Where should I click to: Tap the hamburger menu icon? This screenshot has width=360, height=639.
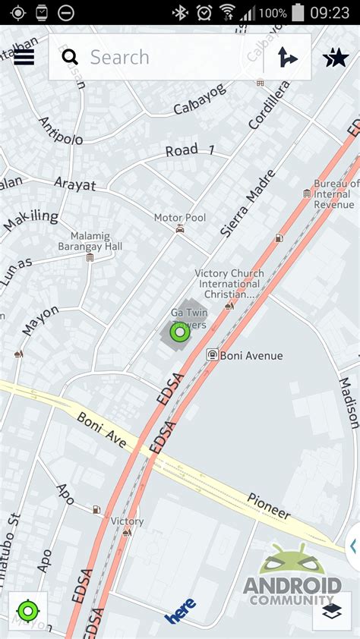pos(24,57)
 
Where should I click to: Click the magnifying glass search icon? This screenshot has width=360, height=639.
pos(70,57)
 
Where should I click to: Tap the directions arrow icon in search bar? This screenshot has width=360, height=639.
pos(287,57)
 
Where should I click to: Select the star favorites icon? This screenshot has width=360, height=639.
pos(336,57)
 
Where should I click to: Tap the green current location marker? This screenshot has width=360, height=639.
pos(179,332)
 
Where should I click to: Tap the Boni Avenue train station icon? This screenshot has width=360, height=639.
pos(213,354)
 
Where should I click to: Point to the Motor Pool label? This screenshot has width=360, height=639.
pos(180,218)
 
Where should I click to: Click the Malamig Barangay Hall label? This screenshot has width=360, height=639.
pos(90,241)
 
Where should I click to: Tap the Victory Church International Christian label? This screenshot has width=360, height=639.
pos(229,284)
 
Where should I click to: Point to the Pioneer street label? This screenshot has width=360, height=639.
pos(268,506)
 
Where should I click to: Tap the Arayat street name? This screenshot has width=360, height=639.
pos(75,183)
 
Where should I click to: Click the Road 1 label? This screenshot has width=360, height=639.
pos(190,150)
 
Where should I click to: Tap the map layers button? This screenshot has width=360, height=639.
pos(332,611)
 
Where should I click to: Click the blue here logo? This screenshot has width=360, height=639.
pos(181,610)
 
